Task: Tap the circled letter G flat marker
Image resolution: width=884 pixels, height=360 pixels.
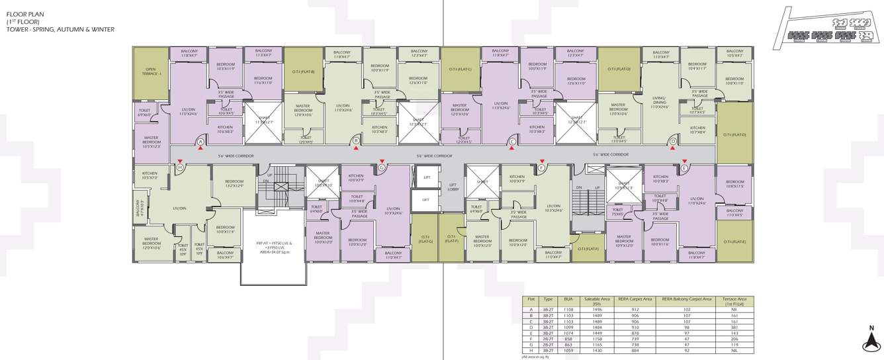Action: [x=382, y=168]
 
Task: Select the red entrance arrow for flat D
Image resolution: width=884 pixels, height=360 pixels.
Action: [x=673, y=148]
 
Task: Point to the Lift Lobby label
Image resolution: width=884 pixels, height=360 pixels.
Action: [x=453, y=187]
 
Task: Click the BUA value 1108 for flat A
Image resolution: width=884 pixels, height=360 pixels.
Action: [x=568, y=309]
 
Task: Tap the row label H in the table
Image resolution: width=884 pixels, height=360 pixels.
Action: [x=531, y=351]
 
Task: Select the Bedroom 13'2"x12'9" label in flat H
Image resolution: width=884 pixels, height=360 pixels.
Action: [x=234, y=183]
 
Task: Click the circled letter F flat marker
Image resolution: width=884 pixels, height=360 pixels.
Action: [x=541, y=168]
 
